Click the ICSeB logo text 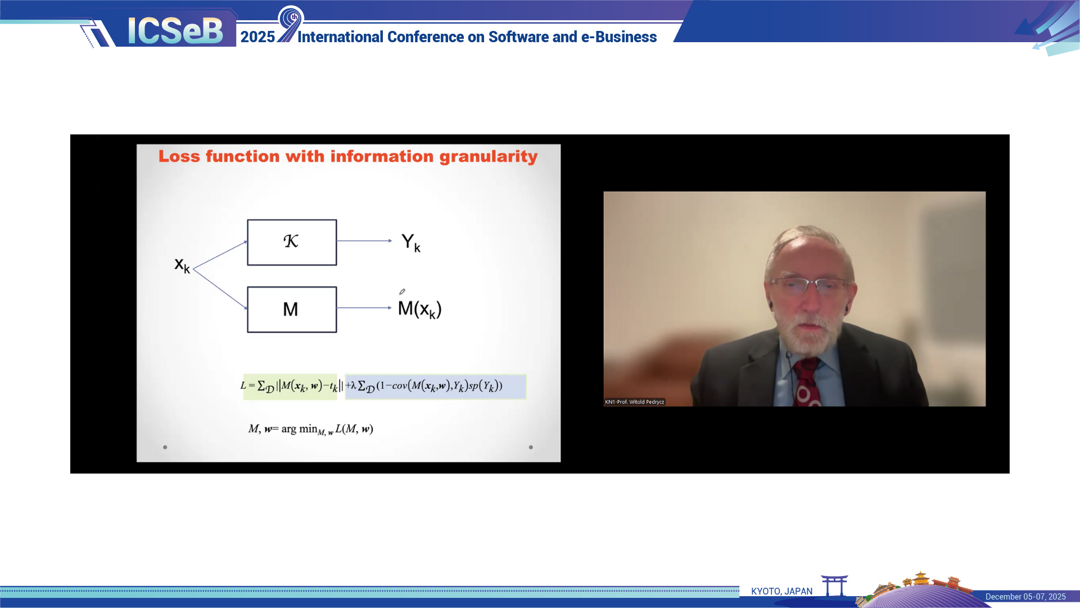175,30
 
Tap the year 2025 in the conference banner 257,37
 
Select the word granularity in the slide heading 489,156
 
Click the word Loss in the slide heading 179,156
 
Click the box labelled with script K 292,242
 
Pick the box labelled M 292,309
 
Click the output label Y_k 411,242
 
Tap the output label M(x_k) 419,309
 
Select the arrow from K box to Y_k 364,241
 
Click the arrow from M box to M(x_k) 364,308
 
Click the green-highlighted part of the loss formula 290,386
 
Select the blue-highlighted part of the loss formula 435,386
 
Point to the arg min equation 311,429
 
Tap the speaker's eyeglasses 809,285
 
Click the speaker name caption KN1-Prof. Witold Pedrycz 635,402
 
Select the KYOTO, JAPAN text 781,591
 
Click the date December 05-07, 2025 1025,597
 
